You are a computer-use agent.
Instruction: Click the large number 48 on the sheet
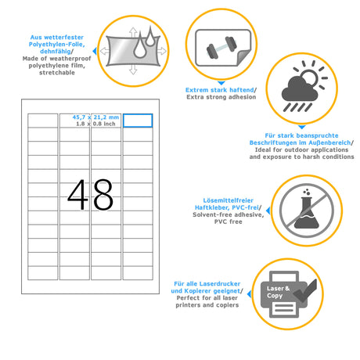[90, 195]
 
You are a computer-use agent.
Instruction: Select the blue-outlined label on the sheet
[138, 121]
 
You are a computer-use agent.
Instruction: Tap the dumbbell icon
[221, 48]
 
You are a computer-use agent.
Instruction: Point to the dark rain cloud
[300, 88]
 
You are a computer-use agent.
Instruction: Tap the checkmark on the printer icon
[305, 290]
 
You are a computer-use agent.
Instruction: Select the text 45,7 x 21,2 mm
[95, 117]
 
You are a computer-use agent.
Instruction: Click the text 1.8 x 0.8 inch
[95, 124]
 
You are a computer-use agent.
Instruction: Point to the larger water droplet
[140, 45]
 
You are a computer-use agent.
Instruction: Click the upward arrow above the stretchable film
[133, 32]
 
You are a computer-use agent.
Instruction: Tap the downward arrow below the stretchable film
[133, 70]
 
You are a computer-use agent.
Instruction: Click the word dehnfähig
[56, 51]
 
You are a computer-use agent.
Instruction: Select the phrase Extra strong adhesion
[221, 97]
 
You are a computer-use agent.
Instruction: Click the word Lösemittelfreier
[229, 200]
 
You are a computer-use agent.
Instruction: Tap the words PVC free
[229, 221]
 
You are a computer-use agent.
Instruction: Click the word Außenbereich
[329, 142]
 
